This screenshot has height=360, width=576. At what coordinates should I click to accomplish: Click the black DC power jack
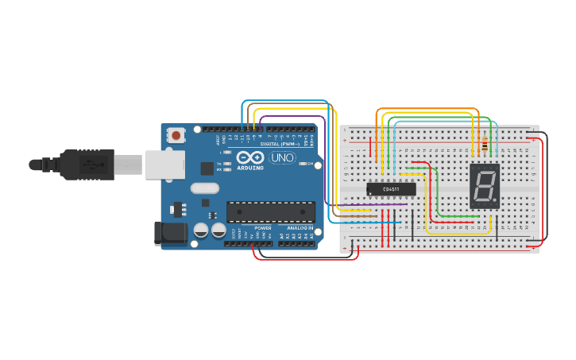click(x=168, y=233)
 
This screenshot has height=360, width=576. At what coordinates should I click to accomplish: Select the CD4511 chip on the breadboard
click(x=391, y=189)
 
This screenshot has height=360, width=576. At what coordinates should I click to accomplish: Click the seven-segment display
click(x=484, y=186)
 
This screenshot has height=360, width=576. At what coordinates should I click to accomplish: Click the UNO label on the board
click(x=283, y=158)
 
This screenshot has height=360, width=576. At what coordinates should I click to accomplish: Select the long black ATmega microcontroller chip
click(x=270, y=212)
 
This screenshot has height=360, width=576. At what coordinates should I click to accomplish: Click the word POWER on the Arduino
click(x=262, y=227)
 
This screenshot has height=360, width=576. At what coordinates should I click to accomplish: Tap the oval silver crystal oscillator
click(x=204, y=188)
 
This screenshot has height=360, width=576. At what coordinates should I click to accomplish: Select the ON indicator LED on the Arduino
click(x=312, y=165)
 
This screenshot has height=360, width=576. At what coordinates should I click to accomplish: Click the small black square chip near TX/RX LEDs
click(x=207, y=168)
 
